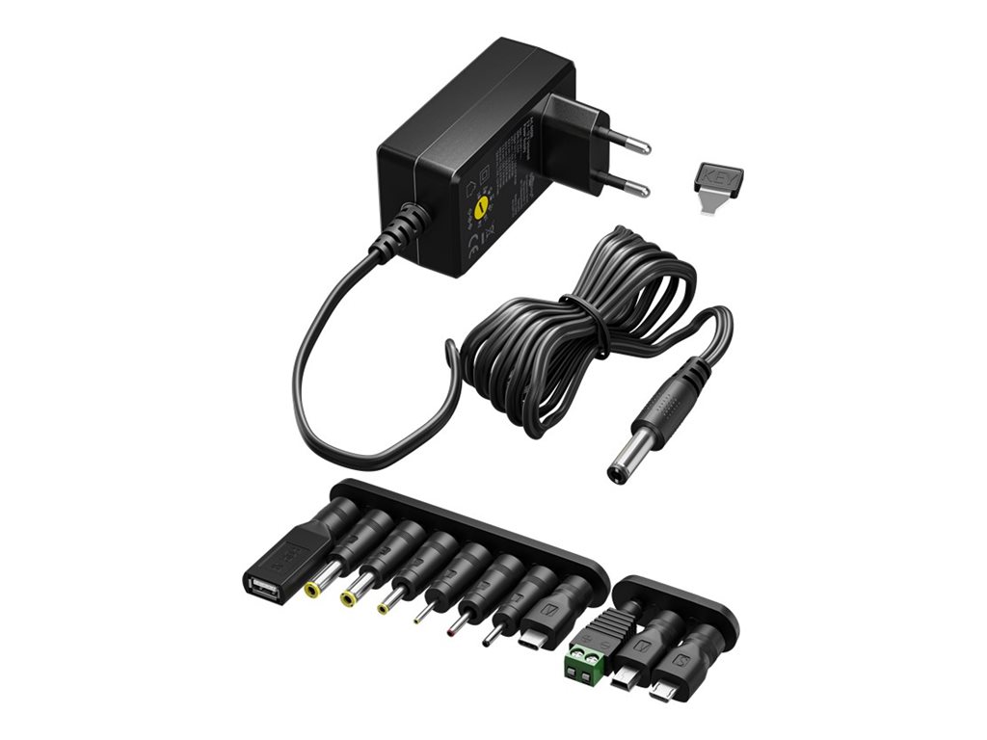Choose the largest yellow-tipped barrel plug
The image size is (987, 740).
click(x=314, y=586)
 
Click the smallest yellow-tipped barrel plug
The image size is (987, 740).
click(x=386, y=607)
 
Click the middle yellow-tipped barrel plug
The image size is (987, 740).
click(x=349, y=597)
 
